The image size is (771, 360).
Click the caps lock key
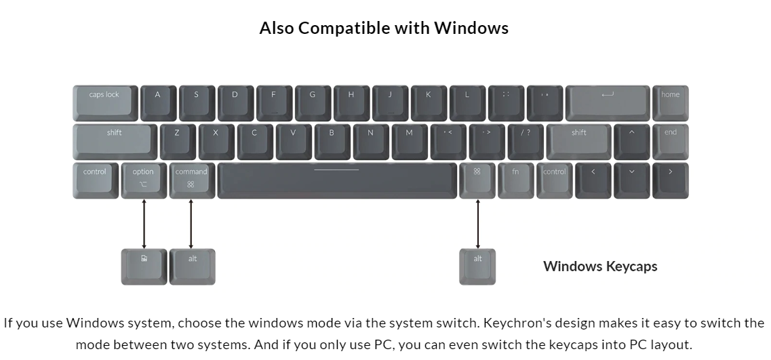pos(105,103)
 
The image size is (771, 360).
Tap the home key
pos(670,103)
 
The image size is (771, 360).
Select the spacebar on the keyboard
pos(336,180)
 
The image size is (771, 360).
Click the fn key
pos(515,180)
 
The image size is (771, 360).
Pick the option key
pos(143,180)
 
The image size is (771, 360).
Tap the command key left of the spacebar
pos(191,180)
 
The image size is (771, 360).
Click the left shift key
pos(115,141)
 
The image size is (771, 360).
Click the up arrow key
pos(631,141)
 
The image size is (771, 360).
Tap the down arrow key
pos(631,180)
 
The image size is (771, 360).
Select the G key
pos(313,103)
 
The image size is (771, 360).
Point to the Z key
pos(177,141)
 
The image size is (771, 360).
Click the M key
pos(409,141)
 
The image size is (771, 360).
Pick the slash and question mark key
pos(526,141)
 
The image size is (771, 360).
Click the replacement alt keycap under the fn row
pos(477,266)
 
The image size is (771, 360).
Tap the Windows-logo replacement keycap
pos(143,266)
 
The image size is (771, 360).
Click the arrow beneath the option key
pos(144,224)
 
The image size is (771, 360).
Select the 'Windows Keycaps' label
pos(600,266)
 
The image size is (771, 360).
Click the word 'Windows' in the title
pos(471,28)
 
